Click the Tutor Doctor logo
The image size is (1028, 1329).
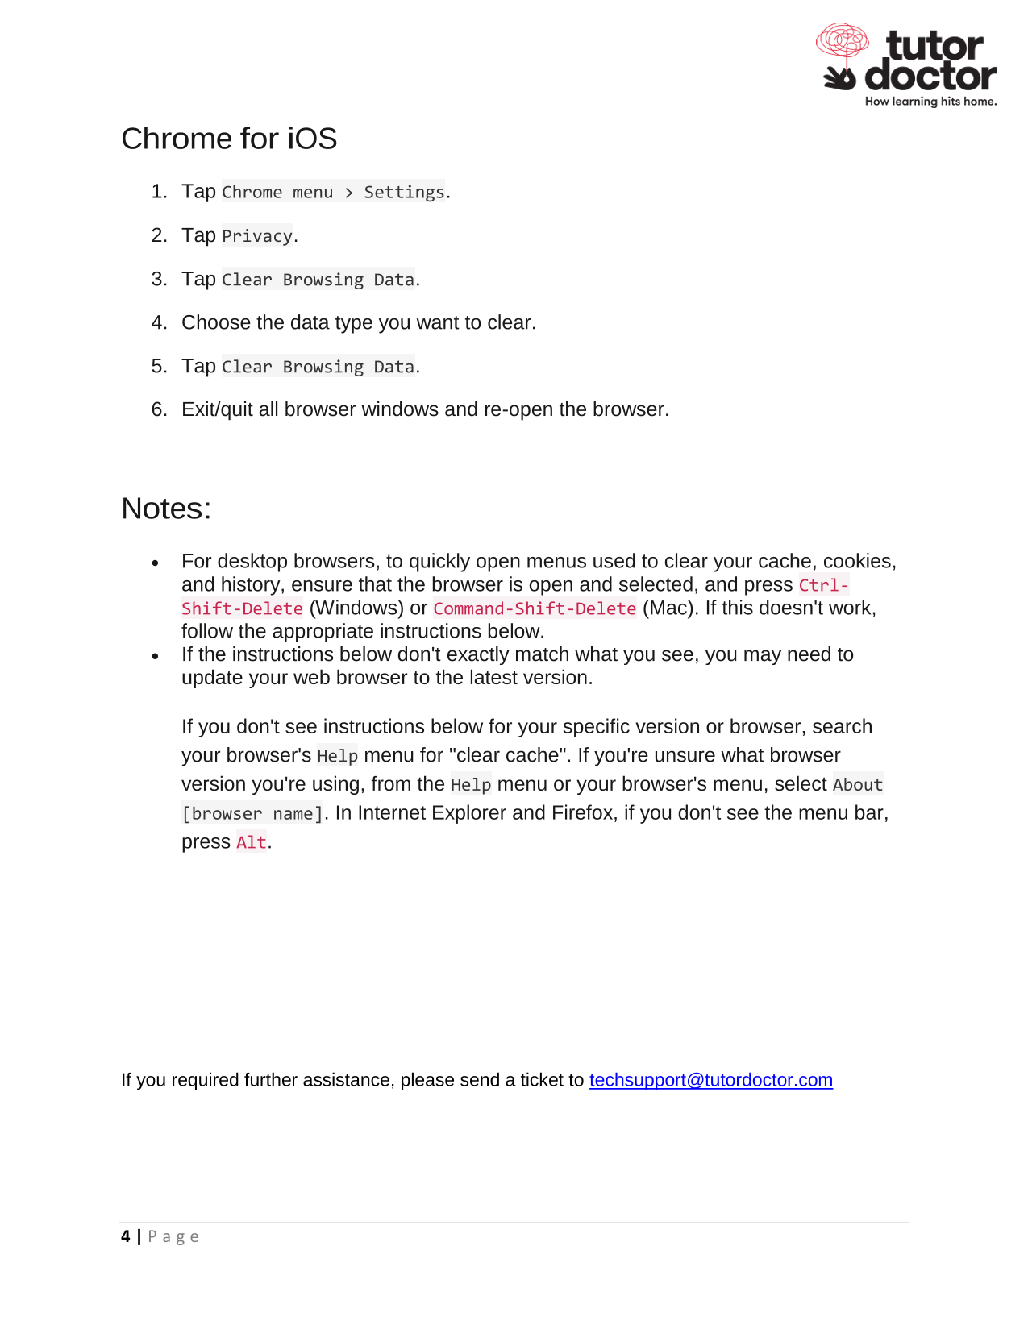point(907,64)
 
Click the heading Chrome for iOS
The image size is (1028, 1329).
point(229,139)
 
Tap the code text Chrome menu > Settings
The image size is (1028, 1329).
point(333,192)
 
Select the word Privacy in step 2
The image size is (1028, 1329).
point(257,236)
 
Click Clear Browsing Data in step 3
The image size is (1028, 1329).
point(318,280)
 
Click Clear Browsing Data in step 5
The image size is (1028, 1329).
point(318,367)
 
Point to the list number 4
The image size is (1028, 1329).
point(158,323)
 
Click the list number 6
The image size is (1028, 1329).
point(158,410)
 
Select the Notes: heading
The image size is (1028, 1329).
point(166,509)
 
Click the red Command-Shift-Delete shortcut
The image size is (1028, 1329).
point(535,608)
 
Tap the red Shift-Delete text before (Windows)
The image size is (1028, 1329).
point(242,608)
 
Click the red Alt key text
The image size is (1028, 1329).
point(251,842)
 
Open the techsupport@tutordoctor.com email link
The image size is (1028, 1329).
point(710,1080)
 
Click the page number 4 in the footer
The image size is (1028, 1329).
point(126,1236)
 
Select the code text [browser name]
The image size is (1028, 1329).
point(252,813)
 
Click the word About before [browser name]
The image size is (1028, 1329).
point(857,784)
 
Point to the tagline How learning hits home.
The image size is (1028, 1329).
point(930,102)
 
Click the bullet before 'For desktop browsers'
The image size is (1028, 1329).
point(156,563)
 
